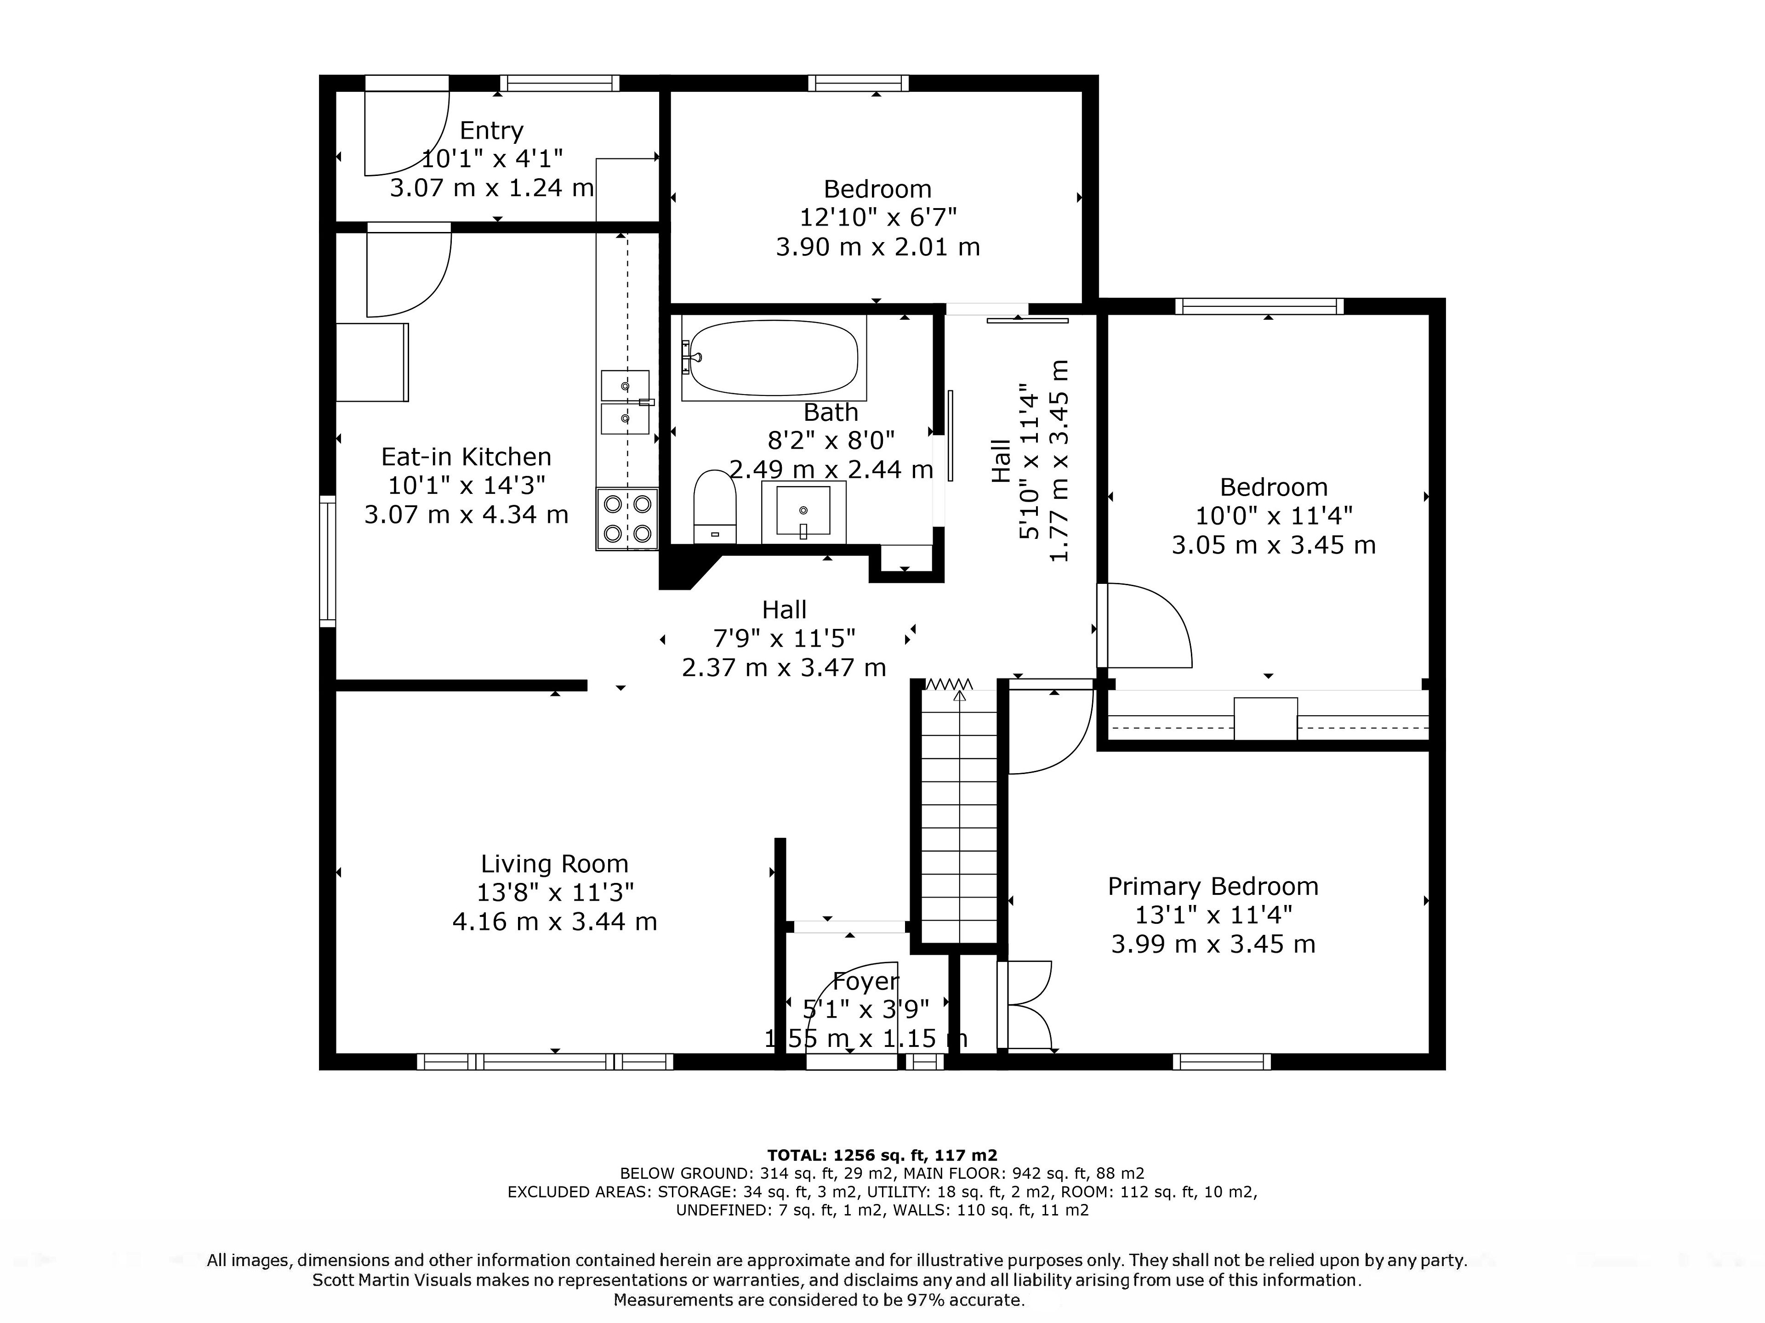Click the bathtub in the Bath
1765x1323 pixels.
point(772,358)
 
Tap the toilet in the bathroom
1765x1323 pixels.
point(714,507)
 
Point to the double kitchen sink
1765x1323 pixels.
point(626,403)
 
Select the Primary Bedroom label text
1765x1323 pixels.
point(1213,886)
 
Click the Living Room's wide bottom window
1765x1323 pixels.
point(545,1062)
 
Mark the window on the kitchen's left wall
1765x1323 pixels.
point(328,561)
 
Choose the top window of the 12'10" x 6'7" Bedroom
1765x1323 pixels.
point(859,83)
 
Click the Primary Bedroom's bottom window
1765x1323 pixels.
point(1222,1062)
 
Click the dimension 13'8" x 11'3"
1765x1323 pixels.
point(555,893)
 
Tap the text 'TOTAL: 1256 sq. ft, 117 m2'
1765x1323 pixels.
point(882,1155)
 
